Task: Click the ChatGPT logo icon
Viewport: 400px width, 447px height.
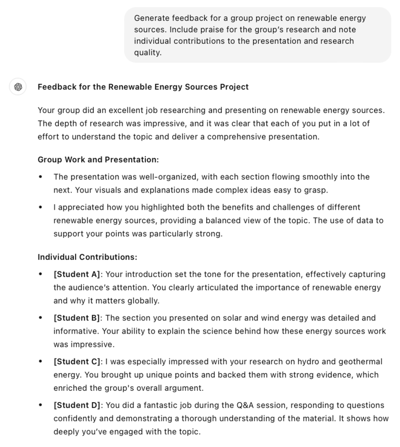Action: coord(18,87)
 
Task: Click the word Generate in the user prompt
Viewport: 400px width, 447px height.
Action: coord(153,18)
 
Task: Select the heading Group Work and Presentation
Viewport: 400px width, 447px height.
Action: coord(98,159)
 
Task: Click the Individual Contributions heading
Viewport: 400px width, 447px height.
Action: coord(87,257)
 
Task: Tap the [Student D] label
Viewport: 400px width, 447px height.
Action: coord(77,405)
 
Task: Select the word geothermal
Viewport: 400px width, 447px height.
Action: coord(359,362)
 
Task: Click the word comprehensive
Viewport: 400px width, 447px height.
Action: coord(248,137)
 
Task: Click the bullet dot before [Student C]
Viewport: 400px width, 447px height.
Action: coord(41,362)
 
